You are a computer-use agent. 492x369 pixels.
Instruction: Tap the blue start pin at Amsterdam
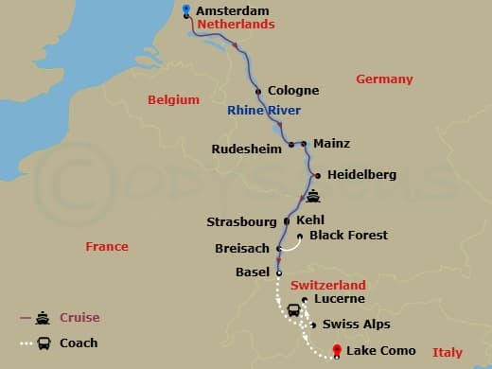185,10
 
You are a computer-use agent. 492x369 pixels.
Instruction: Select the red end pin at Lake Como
337,351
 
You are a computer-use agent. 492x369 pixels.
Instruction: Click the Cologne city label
293,91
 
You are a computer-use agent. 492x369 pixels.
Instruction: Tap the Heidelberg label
361,175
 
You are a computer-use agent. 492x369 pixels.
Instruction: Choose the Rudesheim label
249,147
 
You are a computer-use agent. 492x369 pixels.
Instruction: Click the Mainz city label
331,144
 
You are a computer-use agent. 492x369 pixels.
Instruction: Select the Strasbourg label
241,222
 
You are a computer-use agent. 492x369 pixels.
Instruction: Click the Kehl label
310,220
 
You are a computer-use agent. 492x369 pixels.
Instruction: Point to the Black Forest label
349,236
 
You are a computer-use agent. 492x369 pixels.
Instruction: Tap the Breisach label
243,250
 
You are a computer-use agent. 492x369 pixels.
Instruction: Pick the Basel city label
252,272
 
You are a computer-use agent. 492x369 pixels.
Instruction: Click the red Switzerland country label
328,285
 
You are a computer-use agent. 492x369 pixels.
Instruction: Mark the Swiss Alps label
356,325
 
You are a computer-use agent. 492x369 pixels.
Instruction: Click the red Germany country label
384,79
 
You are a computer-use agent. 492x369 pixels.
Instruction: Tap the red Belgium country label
173,100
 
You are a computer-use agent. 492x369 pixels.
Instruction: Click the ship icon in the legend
43,318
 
